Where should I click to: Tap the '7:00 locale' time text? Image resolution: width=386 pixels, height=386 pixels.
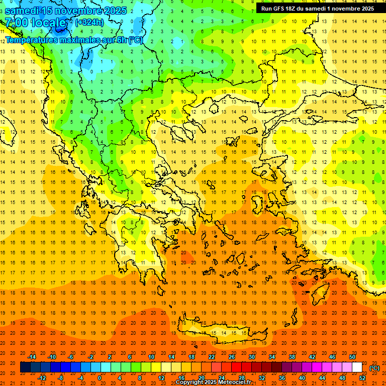(35, 23)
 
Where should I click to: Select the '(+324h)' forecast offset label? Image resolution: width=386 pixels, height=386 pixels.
(89, 22)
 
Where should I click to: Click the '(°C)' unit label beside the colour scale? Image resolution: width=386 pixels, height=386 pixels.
(374, 368)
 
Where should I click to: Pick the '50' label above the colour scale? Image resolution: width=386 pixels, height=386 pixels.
(352, 357)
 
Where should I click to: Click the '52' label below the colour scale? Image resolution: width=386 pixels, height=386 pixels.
(362, 378)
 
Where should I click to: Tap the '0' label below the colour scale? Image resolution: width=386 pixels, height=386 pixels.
(100, 378)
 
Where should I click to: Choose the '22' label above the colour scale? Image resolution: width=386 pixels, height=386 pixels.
(212, 357)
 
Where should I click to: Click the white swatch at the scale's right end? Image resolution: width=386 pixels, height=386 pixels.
(357, 367)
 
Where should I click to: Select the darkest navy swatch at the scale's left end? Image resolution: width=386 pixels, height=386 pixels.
(25, 367)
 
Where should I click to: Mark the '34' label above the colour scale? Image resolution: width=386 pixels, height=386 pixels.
(272, 357)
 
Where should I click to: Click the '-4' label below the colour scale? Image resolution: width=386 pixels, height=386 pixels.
(80, 378)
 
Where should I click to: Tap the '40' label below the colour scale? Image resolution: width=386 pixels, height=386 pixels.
(302, 378)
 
